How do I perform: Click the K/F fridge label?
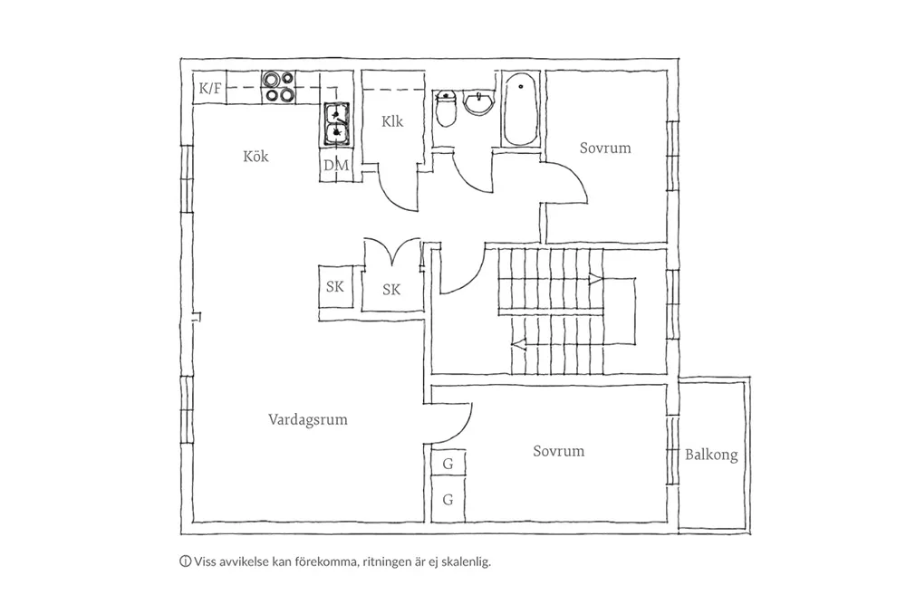[x=210, y=89]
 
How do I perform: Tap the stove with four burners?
[x=278, y=87]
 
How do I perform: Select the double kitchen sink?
[x=336, y=123]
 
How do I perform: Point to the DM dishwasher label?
[x=336, y=166]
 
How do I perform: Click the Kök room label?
[x=255, y=157]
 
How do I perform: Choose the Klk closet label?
[x=391, y=121]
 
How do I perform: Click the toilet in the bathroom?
[x=446, y=109]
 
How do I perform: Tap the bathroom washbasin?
[x=479, y=103]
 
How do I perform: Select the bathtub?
[x=521, y=109]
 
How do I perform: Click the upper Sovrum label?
[x=605, y=148]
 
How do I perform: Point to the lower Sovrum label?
[x=558, y=451]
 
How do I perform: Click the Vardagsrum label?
[x=307, y=420]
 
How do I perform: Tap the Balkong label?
[x=711, y=455]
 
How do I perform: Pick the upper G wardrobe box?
[x=448, y=464]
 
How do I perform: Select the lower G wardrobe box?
[x=448, y=500]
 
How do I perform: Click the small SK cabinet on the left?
[x=335, y=286]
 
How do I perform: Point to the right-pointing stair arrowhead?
[x=596, y=280]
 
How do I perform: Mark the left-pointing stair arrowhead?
[x=518, y=345]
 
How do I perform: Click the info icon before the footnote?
[x=186, y=561]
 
